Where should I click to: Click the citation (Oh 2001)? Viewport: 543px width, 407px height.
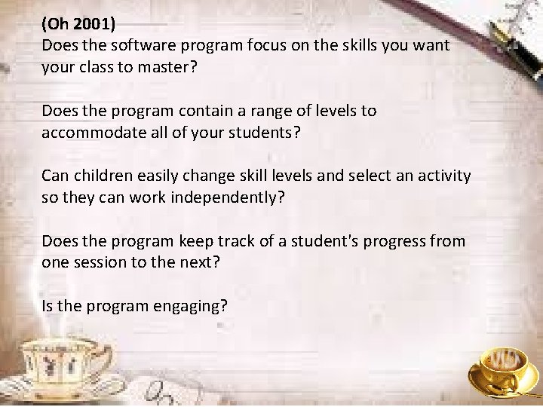[x=78, y=24]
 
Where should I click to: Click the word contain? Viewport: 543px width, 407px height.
[x=181, y=111]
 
